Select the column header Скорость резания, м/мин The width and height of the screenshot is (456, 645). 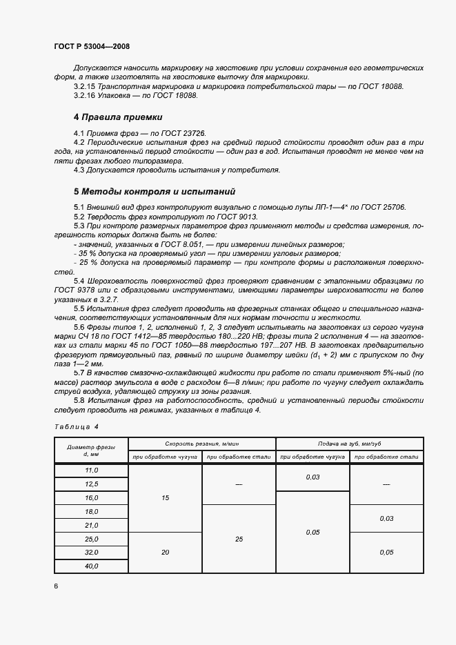(x=202, y=444)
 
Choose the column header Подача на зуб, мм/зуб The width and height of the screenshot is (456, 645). (x=350, y=444)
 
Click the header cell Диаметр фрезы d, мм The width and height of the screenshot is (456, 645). (x=92, y=450)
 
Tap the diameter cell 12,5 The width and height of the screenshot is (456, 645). (x=92, y=484)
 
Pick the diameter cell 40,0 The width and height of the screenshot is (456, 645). (x=92, y=566)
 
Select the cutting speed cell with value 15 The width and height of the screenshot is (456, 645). (x=166, y=497)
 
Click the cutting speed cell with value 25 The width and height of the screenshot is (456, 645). (x=239, y=538)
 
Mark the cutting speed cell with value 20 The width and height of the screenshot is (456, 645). (x=166, y=552)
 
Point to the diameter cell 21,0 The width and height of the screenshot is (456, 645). (x=92, y=525)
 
